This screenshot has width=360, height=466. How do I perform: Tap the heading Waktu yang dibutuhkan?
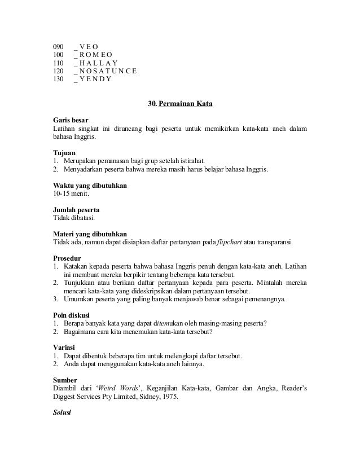point(90,185)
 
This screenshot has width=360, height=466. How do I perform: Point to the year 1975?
point(168,397)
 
